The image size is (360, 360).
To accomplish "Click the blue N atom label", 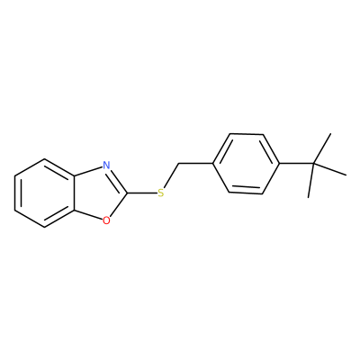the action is [106, 165].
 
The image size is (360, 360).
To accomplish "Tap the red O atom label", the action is [106, 221].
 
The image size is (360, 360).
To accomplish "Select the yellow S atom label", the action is [161, 193].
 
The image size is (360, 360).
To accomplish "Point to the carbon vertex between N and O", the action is [127, 193].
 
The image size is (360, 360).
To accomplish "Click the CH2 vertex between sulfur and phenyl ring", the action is [178, 164].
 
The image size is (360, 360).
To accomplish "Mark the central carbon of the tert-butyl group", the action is [313, 164].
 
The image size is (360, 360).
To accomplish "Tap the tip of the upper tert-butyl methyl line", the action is [330, 134].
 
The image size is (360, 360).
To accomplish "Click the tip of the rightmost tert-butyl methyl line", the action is [346, 175].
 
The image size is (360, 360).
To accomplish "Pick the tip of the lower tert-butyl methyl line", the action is [308, 197].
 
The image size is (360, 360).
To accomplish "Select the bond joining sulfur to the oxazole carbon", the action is [142, 193].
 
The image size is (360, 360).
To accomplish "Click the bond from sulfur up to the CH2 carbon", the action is [172, 175].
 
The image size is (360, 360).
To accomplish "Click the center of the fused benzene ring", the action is [44, 193].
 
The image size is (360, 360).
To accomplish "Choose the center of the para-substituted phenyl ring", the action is [246, 164].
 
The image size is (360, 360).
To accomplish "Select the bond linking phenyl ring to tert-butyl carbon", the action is [296, 164].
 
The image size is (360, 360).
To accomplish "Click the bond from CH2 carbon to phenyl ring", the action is [195, 164].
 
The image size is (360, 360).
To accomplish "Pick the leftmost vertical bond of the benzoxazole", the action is [15, 193].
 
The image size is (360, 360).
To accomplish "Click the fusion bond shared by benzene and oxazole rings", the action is [74, 193].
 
